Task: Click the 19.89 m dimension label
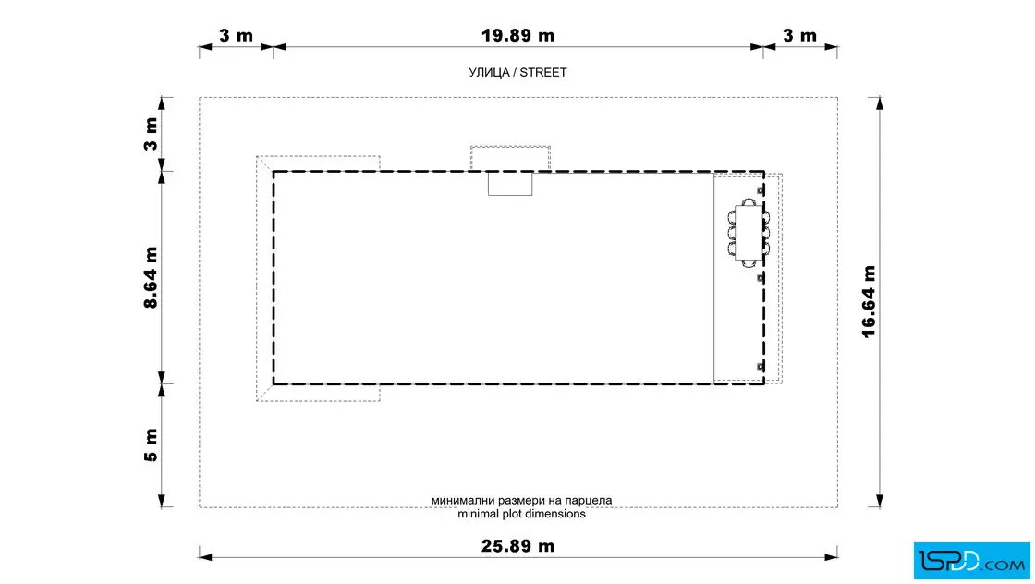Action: pyautogui.click(x=517, y=36)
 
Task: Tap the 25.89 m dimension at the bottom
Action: pyautogui.click(x=517, y=546)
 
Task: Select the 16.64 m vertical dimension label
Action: pyautogui.click(x=869, y=301)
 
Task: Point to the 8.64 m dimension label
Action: pyautogui.click(x=151, y=278)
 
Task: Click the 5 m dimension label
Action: pyautogui.click(x=151, y=444)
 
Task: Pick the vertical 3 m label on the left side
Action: pyautogui.click(x=151, y=134)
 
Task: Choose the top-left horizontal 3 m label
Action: pyautogui.click(x=236, y=36)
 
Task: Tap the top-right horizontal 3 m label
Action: pyautogui.click(x=800, y=36)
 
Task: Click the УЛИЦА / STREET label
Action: pyautogui.click(x=517, y=73)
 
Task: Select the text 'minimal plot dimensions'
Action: pyautogui.click(x=521, y=514)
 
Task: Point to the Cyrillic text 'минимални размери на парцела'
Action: pyautogui.click(x=521, y=500)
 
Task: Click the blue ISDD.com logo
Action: pyautogui.click(x=971, y=561)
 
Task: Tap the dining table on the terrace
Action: pyautogui.click(x=748, y=233)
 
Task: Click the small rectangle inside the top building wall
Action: pyautogui.click(x=510, y=184)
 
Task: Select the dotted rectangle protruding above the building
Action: pyautogui.click(x=510, y=158)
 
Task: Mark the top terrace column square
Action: pyautogui.click(x=761, y=190)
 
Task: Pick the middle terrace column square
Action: pyautogui.click(x=761, y=278)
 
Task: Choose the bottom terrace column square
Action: pyautogui.click(x=761, y=366)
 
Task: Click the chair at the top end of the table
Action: pyautogui.click(x=749, y=202)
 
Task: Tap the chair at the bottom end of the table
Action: pyautogui.click(x=749, y=264)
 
